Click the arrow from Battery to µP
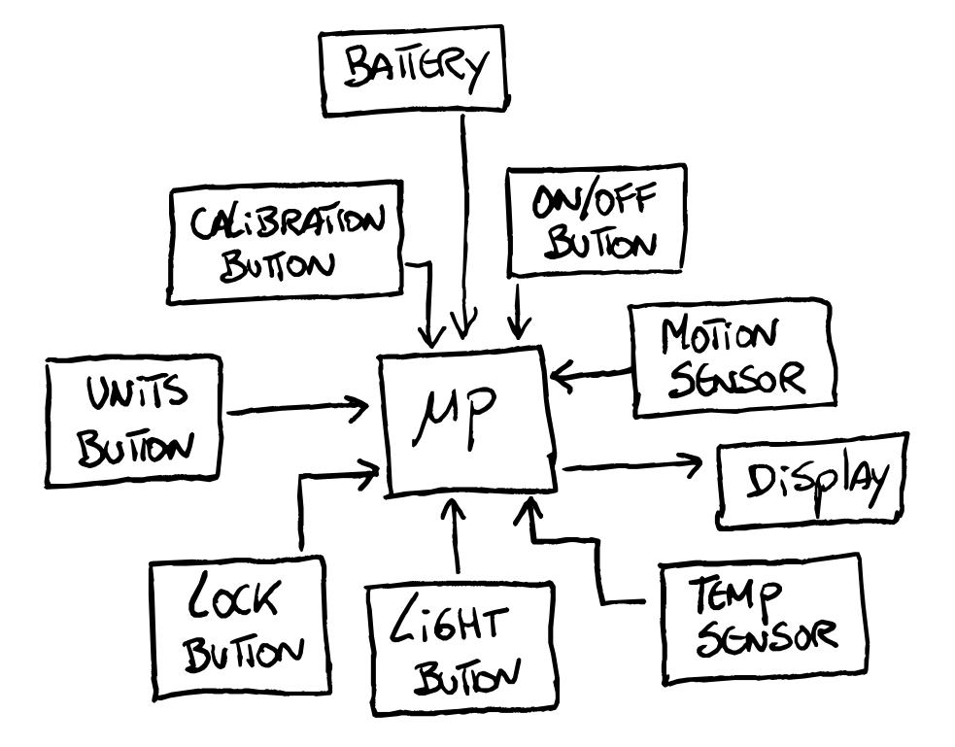click(x=466, y=223)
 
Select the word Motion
click(x=719, y=335)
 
